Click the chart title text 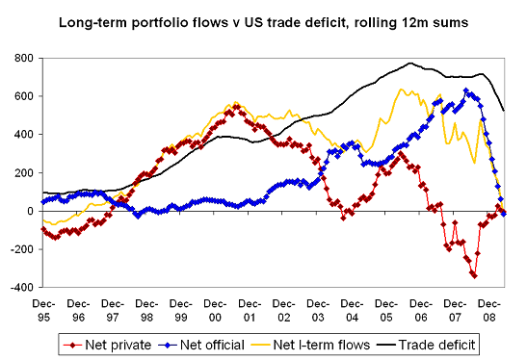click(x=263, y=20)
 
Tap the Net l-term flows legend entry click(x=317, y=342)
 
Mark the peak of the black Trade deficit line click(x=410, y=64)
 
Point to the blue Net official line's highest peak click(x=466, y=91)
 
